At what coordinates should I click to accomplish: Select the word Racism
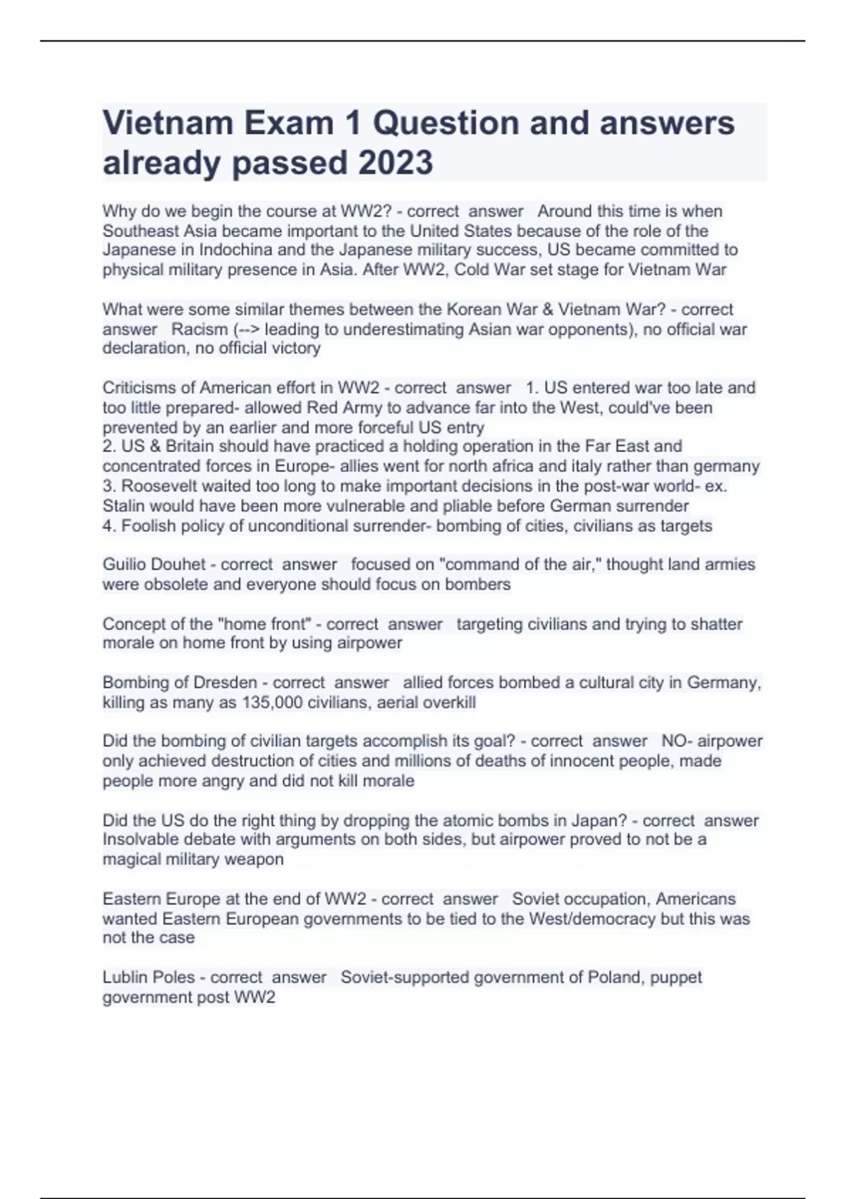click(x=200, y=329)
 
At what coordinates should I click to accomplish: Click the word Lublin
click(x=124, y=978)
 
